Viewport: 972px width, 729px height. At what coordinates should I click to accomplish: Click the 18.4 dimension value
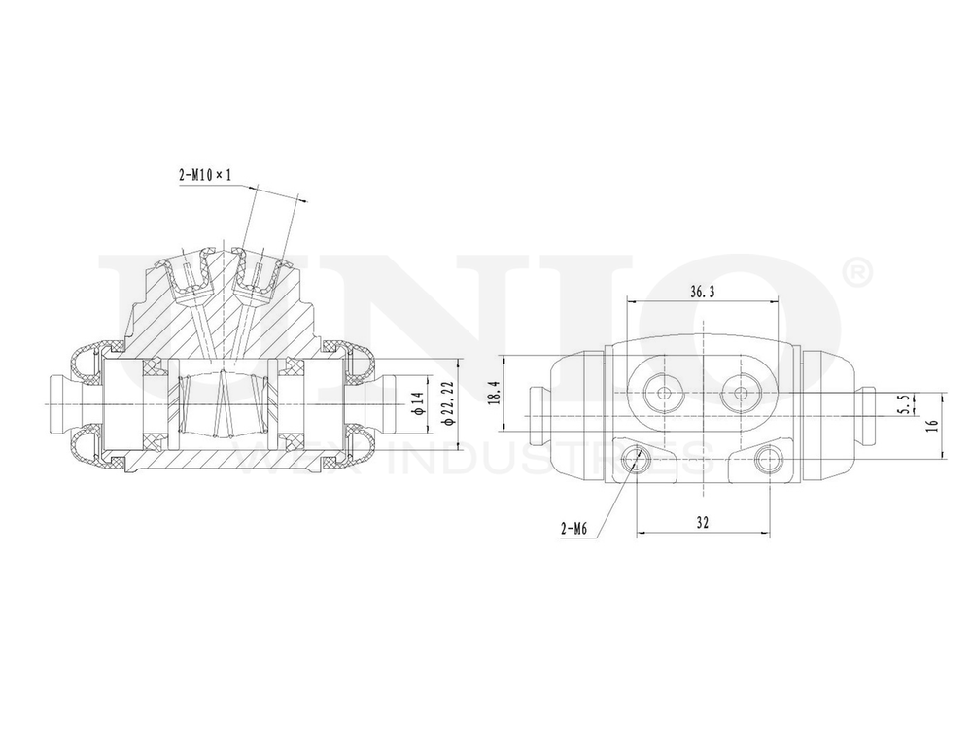pos(494,393)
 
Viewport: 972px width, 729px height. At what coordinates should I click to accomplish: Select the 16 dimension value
pos(931,425)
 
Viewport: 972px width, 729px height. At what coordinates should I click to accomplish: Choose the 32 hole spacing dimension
pos(702,522)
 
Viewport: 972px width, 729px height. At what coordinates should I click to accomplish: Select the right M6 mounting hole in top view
pos(768,459)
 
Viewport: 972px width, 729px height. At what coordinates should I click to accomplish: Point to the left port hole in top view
pos(664,394)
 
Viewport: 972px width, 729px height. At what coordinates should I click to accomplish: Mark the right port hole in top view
pos(742,394)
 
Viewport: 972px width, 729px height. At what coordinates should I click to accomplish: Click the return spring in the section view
pos(224,403)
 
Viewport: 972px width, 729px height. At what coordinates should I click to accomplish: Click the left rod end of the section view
pos(58,402)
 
